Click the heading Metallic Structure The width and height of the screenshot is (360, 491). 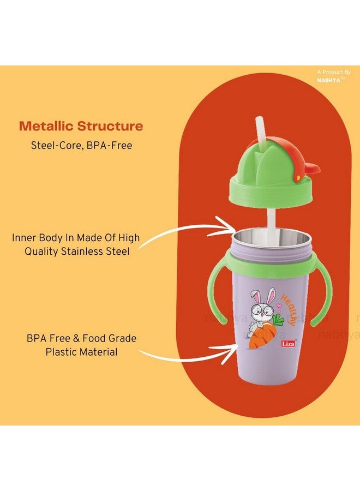[81, 127]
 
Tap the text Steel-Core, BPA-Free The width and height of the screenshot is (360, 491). [81, 145]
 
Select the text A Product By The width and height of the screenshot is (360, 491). [334, 72]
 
